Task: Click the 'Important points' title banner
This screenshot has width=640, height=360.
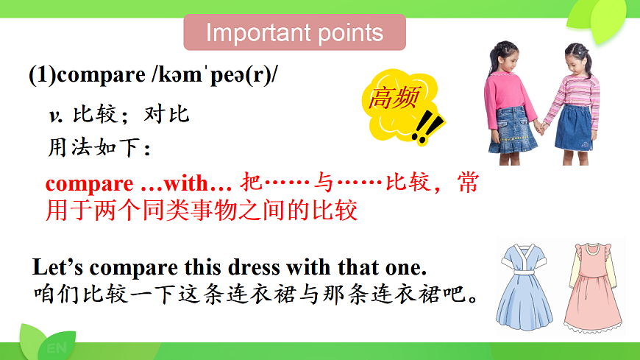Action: tap(294, 33)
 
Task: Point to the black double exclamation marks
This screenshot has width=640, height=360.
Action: tap(426, 129)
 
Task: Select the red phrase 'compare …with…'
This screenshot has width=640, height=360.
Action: tap(138, 183)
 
